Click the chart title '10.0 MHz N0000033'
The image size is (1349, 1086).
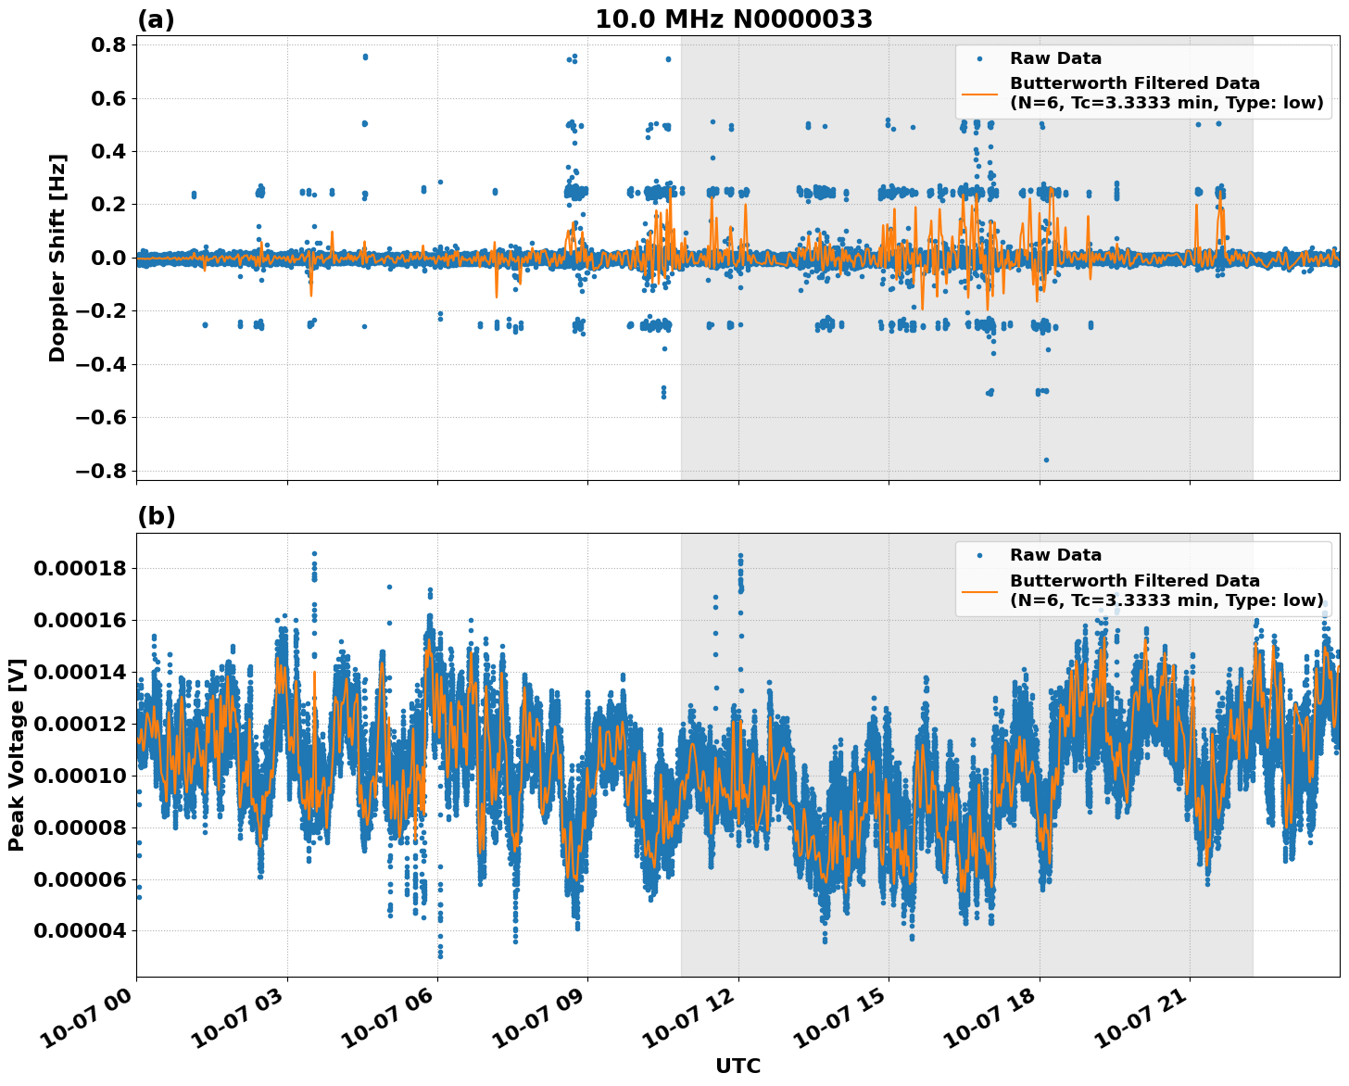733,19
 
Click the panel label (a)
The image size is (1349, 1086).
156,19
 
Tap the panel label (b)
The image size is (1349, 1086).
156,516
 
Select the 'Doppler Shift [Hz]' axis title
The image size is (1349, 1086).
57,258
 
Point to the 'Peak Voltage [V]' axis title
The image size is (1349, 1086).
16,754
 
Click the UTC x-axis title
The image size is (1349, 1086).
738,1066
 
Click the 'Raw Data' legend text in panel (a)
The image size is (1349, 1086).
1055,59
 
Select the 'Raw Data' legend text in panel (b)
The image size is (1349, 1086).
1055,556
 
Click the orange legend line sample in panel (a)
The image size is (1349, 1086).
979,94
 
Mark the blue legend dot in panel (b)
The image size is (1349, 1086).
979,556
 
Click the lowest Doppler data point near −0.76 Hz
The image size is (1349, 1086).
1046,460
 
